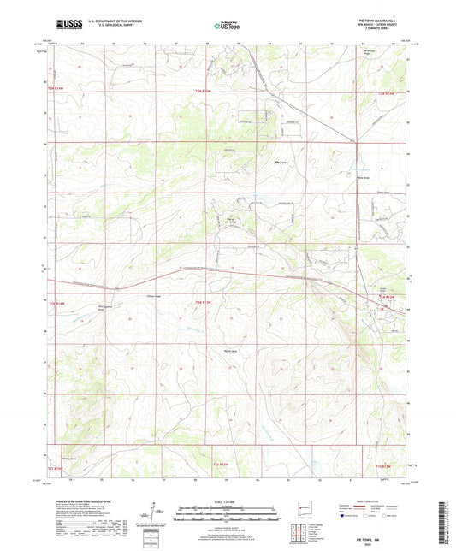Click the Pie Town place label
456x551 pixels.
[281, 163]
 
